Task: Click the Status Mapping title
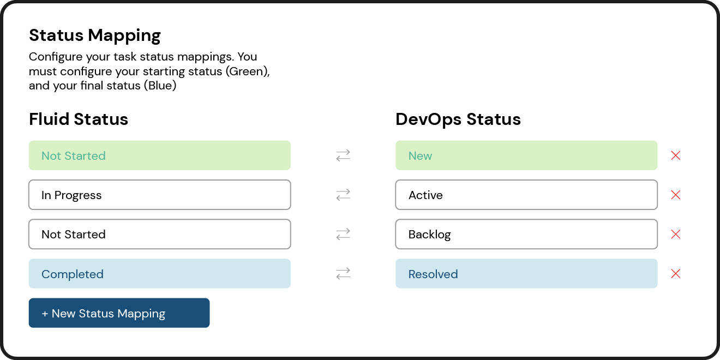[x=95, y=35]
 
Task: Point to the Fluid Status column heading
[x=79, y=119]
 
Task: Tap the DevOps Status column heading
[x=458, y=119]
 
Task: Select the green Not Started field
[x=159, y=155]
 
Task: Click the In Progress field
[x=159, y=195]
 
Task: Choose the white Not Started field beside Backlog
[x=159, y=234]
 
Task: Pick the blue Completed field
[x=159, y=274]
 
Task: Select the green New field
[x=526, y=155]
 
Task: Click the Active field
[x=526, y=195]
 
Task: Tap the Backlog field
[x=526, y=234]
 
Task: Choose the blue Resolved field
[x=526, y=274]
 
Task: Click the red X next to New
[x=675, y=155]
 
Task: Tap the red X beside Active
[x=675, y=195]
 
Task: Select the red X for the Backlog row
[x=675, y=234]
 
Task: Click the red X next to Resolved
[x=675, y=274]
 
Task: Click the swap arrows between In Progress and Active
[x=343, y=195]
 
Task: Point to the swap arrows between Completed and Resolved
[x=343, y=274]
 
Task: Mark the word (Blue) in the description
[x=160, y=86]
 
